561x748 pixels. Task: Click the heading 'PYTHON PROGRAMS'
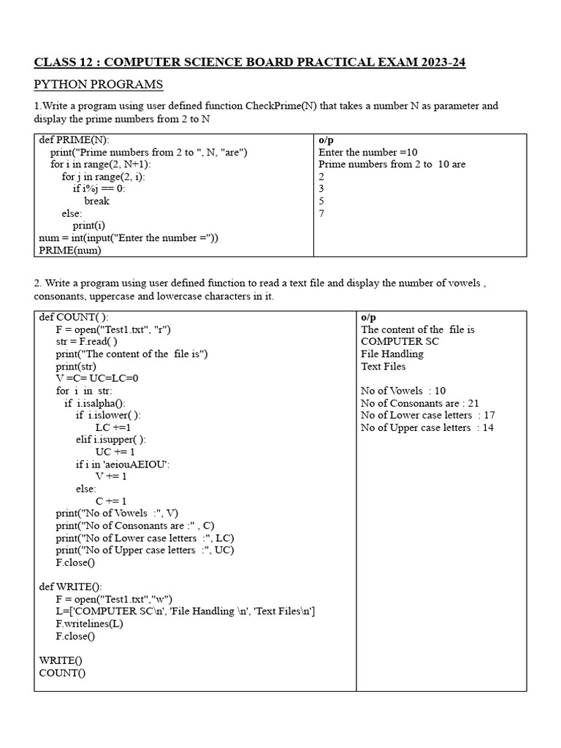click(99, 85)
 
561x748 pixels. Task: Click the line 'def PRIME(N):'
click(75, 140)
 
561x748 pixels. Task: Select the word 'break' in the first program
click(96, 201)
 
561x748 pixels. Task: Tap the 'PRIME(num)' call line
click(70, 250)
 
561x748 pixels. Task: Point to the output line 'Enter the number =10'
click(368, 152)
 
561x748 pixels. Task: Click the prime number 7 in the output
click(321, 213)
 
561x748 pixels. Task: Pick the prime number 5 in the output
click(321, 201)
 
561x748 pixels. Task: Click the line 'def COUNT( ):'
click(74, 317)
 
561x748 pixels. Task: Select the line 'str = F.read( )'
click(86, 341)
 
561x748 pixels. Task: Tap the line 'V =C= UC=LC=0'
click(97, 378)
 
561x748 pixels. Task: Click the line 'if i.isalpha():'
click(95, 402)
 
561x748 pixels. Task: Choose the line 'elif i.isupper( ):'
click(110, 440)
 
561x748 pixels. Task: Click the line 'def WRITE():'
click(71, 587)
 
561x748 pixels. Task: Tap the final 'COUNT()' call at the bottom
click(62, 673)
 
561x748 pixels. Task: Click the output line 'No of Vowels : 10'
click(403, 391)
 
